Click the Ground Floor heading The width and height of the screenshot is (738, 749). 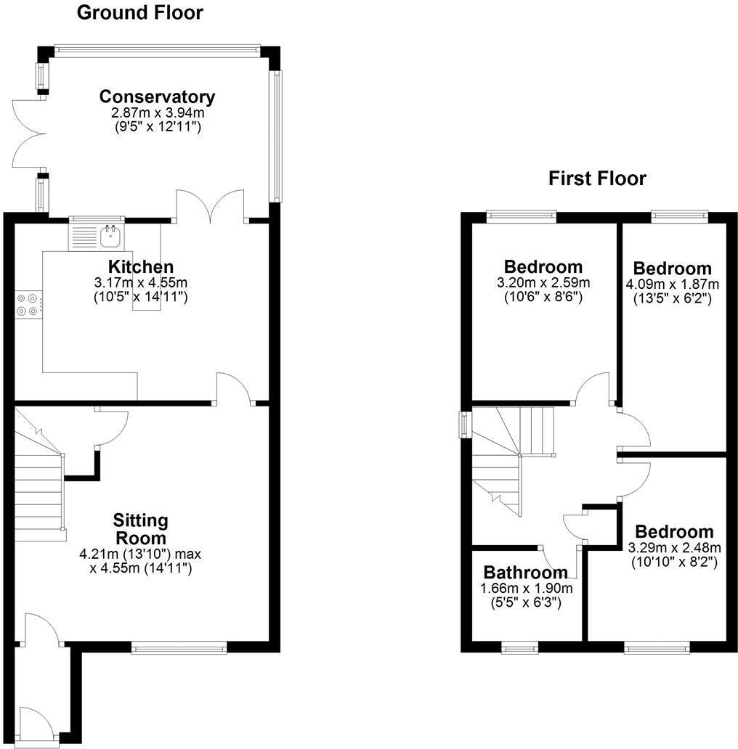139,12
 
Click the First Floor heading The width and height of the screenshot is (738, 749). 597,178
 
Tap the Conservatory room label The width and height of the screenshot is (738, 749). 157,97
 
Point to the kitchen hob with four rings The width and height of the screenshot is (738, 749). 28,304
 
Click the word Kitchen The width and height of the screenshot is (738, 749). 141,266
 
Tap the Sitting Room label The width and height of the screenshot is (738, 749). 140,529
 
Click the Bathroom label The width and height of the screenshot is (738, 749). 526,573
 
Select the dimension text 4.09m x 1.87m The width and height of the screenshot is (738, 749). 672,284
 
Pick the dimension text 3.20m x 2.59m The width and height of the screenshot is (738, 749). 543,282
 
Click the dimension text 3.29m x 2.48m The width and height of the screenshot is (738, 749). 674,547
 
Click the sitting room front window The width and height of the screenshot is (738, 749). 179,647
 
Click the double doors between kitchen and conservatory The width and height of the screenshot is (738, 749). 210,205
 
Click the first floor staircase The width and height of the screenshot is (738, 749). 508,457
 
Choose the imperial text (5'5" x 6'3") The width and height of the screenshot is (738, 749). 526,602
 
